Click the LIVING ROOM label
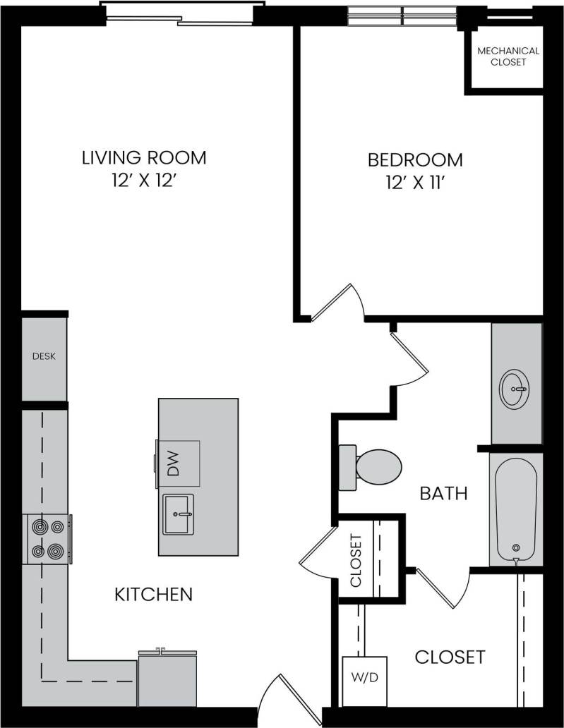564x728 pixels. [x=144, y=157]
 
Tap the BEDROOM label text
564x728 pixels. [x=415, y=160]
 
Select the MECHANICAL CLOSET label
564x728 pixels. [x=508, y=56]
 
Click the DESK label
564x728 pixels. [x=44, y=356]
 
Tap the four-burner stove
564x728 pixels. [x=47, y=539]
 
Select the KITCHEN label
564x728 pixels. [x=153, y=594]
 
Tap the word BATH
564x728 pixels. [x=443, y=493]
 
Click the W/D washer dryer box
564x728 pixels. [x=364, y=679]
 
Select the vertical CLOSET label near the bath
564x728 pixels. [x=356, y=561]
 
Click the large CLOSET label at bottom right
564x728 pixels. [x=450, y=657]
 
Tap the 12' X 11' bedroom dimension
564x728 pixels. [x=415, y=183]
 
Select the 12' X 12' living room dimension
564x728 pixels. [x=144, y=181]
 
